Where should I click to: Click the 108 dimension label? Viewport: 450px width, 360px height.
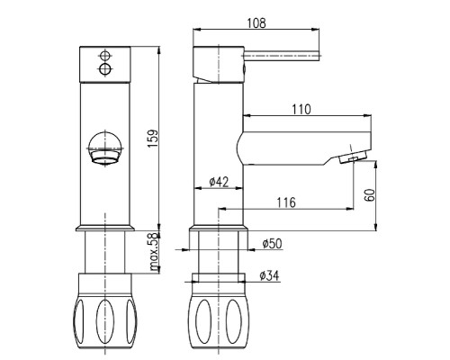(256, 22)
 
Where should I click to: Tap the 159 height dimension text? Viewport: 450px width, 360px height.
(153, 138)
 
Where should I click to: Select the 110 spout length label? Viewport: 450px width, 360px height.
(301, 110)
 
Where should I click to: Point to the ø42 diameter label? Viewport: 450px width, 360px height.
(219, 182)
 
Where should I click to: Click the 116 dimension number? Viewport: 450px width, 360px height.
(286, 202)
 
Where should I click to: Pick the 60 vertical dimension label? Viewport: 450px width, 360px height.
(370, 195)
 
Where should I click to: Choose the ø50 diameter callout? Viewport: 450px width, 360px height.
(272, 244)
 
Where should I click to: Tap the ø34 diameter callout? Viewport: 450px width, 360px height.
(269, 275)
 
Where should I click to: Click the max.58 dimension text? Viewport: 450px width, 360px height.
(154, 252)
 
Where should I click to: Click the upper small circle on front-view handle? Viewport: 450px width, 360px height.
(104, 56)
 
